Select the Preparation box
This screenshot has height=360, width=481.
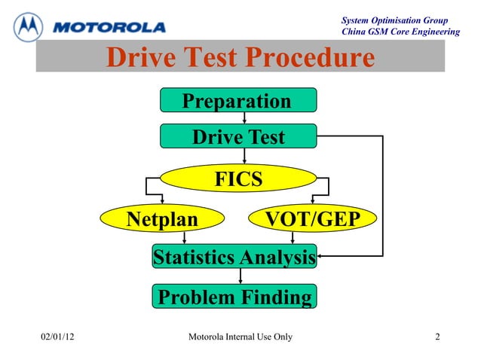237,101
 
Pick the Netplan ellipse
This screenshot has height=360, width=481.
162,219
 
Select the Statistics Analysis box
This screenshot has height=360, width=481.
234,258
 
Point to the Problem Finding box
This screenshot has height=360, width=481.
234,297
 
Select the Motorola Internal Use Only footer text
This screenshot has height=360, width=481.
239,336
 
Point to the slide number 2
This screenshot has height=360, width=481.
437,336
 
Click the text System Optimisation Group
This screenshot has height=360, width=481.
395,20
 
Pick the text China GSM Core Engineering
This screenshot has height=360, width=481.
400,32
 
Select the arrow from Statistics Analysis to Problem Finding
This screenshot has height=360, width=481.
240,276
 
